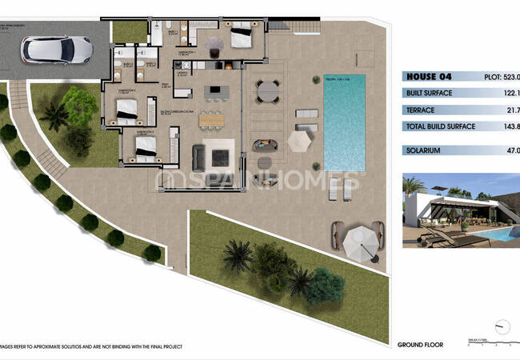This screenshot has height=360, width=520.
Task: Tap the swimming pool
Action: coord(343,111)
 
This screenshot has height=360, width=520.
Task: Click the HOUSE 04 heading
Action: coord(429,78)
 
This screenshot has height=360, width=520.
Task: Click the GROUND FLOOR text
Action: coord(420,345)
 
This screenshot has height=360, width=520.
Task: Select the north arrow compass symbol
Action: coord(502,327)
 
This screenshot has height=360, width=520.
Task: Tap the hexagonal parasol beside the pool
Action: coord(298,142)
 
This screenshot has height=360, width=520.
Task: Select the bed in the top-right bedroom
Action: coord(241,37)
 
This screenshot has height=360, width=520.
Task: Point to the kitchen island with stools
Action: coord(214,93)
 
